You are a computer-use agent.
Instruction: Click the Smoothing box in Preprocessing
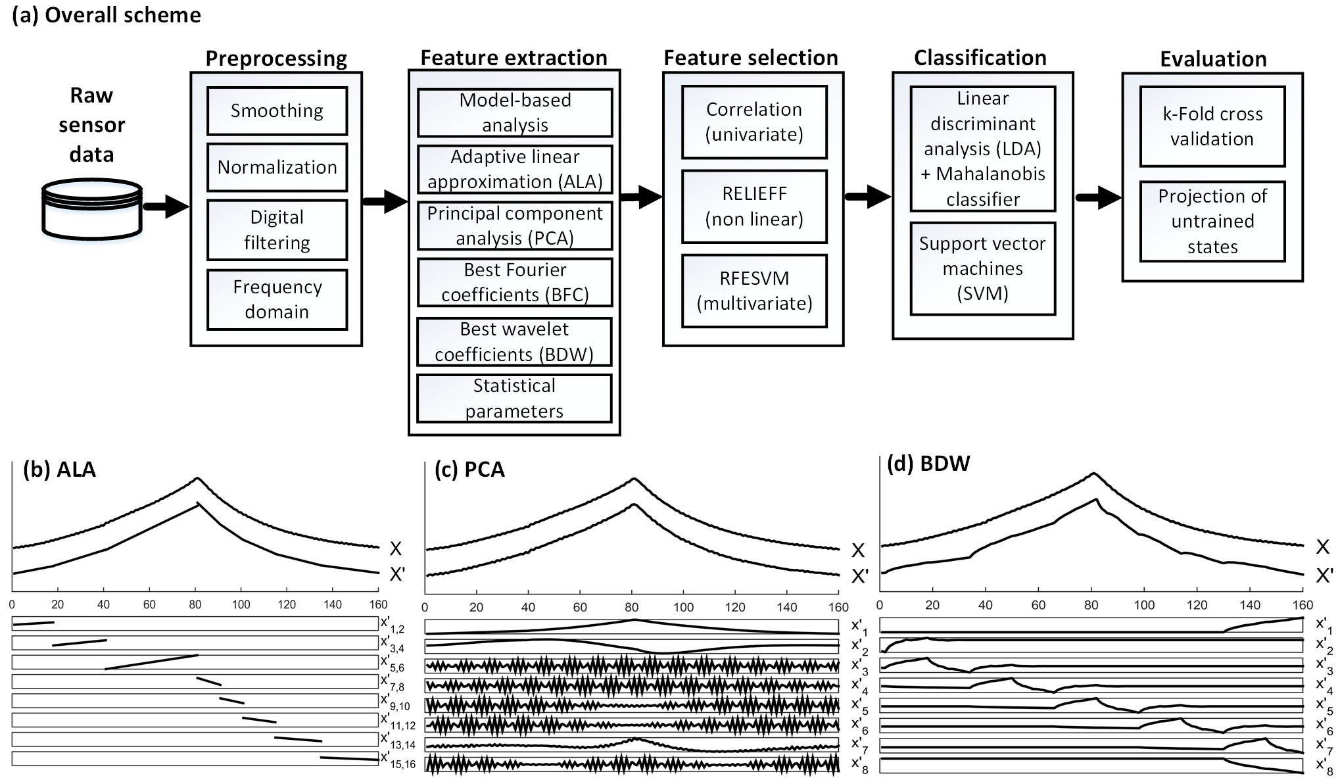(x=277, y=110)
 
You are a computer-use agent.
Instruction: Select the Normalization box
(x=277, y=167)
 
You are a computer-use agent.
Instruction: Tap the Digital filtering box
(x=277, y=230)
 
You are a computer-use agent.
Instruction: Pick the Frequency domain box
(x=277, y=299)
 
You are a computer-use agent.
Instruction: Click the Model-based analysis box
(x=515, y=112)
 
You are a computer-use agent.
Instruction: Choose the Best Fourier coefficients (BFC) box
(x=515, y=282)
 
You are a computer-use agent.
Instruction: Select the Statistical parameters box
(x=514, y=398)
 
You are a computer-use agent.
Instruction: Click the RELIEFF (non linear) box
(x=754, y=207)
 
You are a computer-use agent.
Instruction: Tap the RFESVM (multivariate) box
(x=754, y=291)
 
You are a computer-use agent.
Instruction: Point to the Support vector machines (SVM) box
(x=982, y=268)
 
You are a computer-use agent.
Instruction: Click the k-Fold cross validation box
(x=1212, y=126)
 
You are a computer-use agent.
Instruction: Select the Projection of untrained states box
(x=1212, y=221)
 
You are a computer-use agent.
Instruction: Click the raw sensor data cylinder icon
(x=92, y=208)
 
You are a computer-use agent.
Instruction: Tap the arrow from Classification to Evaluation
(x=1097, y=197)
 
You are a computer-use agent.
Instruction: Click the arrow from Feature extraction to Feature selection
(x=640, y=196)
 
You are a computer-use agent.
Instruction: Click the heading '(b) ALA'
(x=59, y=470)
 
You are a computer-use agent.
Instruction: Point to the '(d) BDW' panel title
(x=928, y=464)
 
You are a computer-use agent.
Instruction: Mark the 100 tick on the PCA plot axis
(x=683, y=608)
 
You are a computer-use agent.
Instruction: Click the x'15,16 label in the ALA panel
(x=398, y=760)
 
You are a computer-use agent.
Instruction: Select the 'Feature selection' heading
(x=751, y=58)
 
